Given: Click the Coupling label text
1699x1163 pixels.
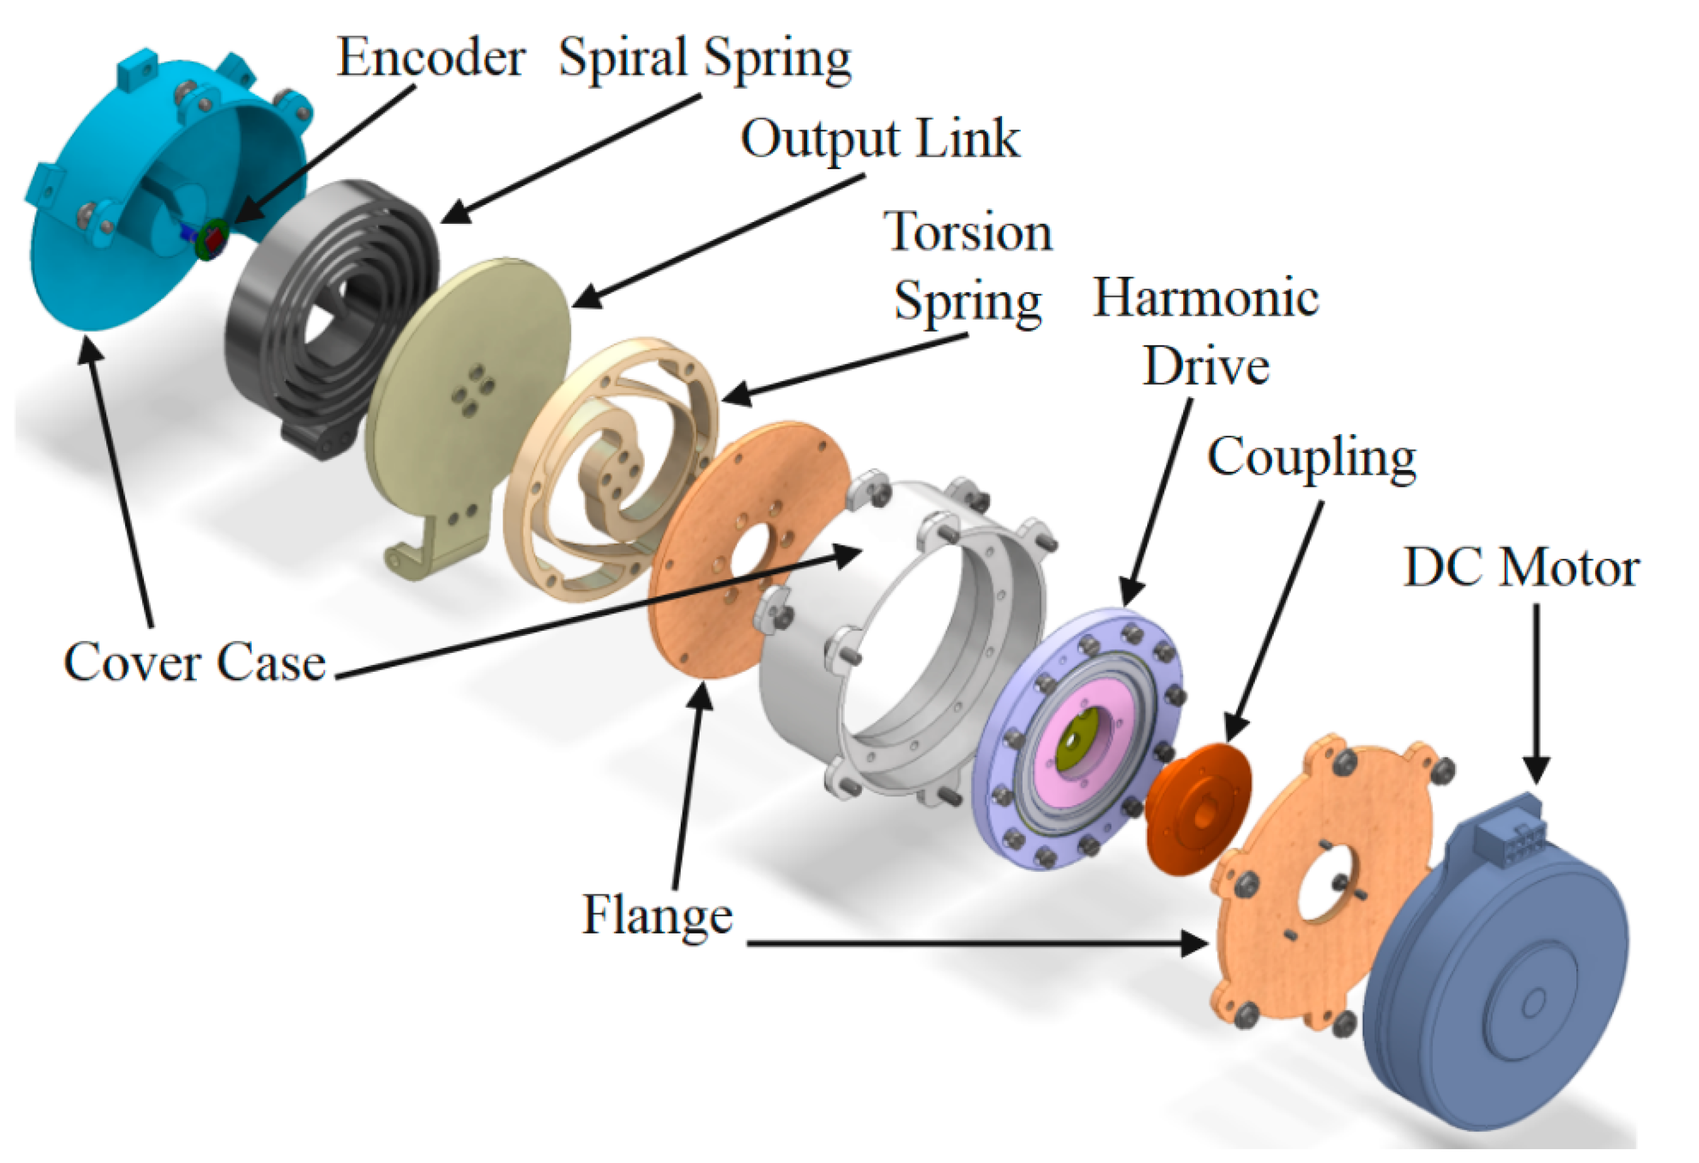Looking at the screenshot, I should pyautogui.click(x=1312, y=457).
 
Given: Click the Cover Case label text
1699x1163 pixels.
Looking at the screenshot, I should pyautogui.click(x=194, y=662).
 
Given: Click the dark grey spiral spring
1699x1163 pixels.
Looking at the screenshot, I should pyautogui.click(x=329, y=314).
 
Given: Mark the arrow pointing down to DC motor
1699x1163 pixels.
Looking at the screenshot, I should pyautogui.click(x=1536, y=694).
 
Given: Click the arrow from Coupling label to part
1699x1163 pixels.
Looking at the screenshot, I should pyautogui.click(x=1276, y=621).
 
